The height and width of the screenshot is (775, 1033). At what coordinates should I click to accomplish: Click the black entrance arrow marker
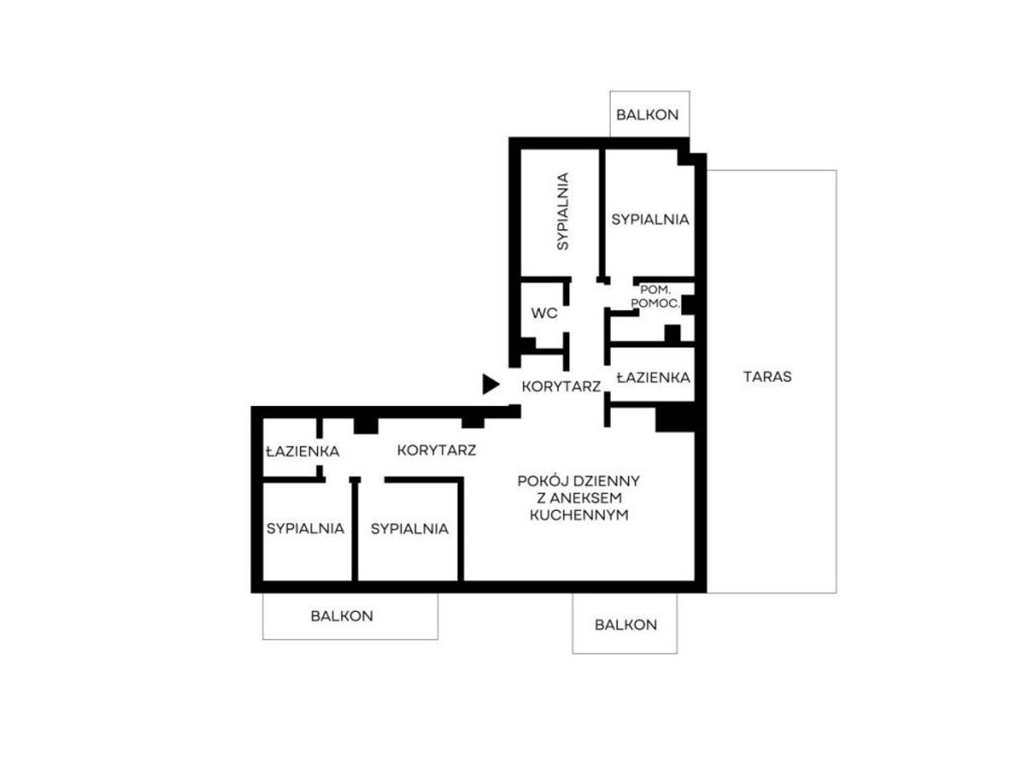pos(489,383)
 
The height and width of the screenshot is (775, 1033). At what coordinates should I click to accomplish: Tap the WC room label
pos(544,313)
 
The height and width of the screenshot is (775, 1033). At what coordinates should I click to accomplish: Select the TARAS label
pos(767,376)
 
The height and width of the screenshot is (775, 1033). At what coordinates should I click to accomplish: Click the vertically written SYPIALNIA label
pos(563,212)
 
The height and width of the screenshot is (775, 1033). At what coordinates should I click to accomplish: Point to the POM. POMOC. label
pos(655,297)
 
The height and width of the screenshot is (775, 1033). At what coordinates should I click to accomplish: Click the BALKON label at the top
pos(647,115)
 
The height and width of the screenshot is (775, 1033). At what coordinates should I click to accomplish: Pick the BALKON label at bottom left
pos(341,616)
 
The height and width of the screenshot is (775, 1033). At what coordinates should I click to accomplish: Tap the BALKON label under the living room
pos(625,625)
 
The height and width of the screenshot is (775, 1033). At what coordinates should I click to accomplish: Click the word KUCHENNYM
pos(579,515)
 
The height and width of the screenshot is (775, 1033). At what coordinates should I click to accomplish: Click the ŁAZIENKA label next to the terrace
pos(653,377)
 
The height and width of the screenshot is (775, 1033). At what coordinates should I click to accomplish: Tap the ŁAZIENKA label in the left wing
pos(303,451)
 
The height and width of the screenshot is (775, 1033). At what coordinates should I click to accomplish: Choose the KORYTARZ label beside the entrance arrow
pos(561,387)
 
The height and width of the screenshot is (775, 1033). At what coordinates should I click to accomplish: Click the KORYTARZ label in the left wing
pos(437,450)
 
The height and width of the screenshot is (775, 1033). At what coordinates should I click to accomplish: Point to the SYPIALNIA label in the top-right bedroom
pos(650,220)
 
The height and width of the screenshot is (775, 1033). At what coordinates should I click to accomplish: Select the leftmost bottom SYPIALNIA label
pos(305,529)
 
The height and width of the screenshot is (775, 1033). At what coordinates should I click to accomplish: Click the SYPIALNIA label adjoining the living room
pos(409,529)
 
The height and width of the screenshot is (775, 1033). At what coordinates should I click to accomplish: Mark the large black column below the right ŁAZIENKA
pos(675,419)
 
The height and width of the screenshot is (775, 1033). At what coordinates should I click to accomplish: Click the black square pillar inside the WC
pos(528,344)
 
